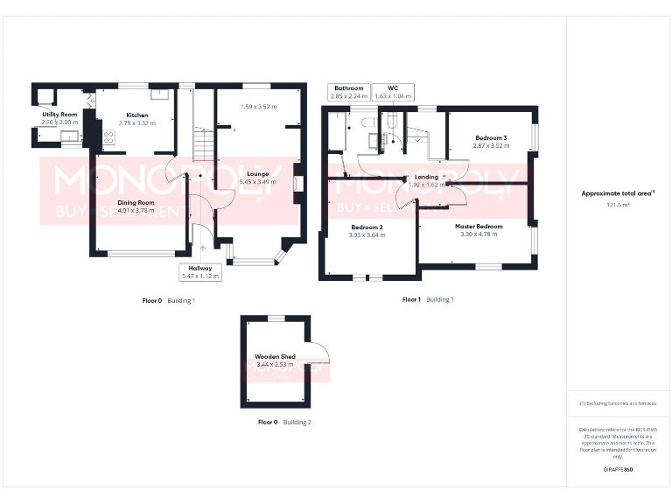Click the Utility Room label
pos(59,115)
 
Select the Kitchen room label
pos(136,115)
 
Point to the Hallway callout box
pos(200,272)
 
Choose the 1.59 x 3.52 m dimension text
pos(258,107)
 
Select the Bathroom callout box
pos(347,92)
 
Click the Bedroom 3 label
pos(491,138)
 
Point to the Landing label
pos(426,178)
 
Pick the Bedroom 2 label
pos(367,227)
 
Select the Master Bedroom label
pos(479,227)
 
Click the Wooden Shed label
pos(275,357)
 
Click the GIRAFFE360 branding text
pos(618,470)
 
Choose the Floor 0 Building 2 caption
pos(284,422)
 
